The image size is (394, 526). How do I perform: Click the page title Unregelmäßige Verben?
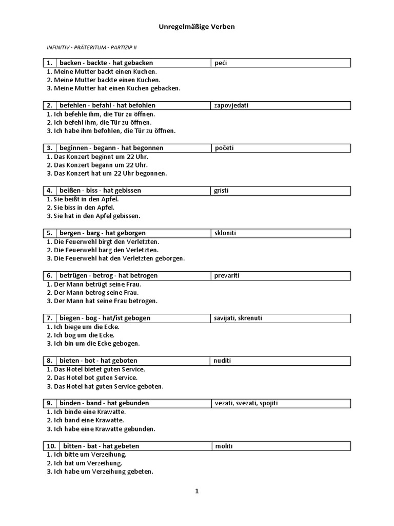pos(196,26)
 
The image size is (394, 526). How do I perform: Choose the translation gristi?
pos(222,191)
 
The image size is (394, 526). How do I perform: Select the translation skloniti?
pos(225,233)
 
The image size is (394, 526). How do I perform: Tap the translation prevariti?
pos(226,276)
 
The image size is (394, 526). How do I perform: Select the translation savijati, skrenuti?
pos(238,318)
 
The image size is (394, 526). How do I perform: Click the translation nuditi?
pos(223,361)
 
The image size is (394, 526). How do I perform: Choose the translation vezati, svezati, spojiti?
pos(246,404)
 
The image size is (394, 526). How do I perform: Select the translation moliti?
pos(223,446)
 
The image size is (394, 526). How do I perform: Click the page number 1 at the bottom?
pos(196,492)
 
